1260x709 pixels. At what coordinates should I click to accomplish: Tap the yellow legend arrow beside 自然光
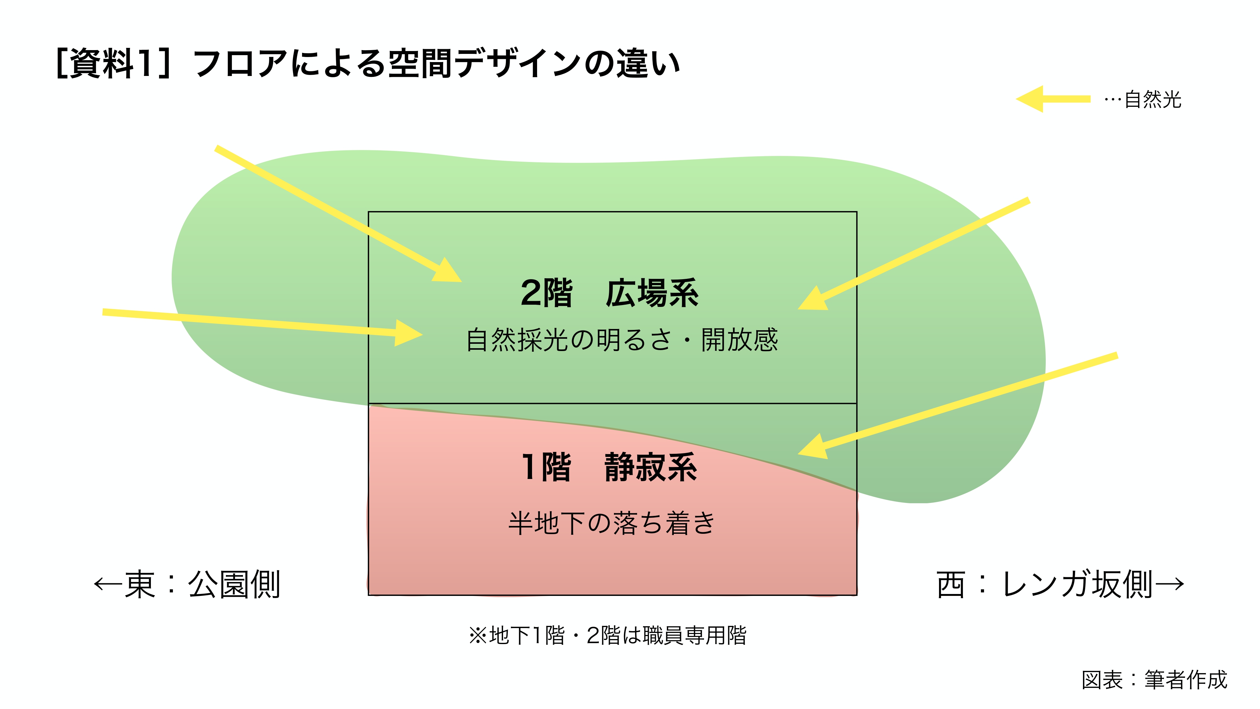(1052, 99)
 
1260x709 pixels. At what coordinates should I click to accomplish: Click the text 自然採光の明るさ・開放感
(621, 340)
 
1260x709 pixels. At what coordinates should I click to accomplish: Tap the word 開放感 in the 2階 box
(740, 340)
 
